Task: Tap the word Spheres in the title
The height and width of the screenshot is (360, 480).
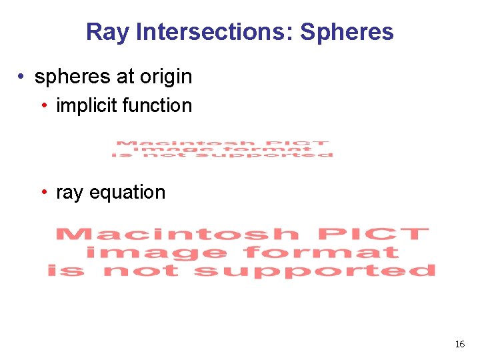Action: [x=347, y=32]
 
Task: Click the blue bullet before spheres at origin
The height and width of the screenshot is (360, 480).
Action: [x=23, y=77]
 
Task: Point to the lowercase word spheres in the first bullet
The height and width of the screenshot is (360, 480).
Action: [x=73, y=77]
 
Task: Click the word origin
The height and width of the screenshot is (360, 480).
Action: [x=165, y=77]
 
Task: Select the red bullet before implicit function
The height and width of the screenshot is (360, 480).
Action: [x=43, y=105]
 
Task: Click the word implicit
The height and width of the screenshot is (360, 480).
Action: [x=85, y=105]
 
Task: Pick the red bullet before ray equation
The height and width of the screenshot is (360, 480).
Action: [x=43, y=193]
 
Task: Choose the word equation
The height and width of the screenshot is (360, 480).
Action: [x=127, y=193]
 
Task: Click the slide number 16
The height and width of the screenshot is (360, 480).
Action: [x=459, y=344]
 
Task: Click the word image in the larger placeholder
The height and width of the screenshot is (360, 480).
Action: [x=157, y=253]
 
